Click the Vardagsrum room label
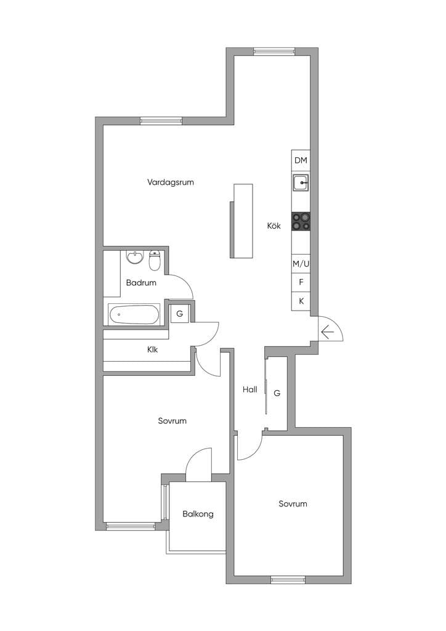tap(171, 182)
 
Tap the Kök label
tap(274, 226)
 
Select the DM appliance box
tap(301, 160)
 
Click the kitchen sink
tap(301, 183)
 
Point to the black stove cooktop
tap(301, 221)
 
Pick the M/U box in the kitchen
tap(301, 264)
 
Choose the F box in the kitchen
tap(301, 282)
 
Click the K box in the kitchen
tap(301, 301)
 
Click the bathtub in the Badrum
tap(134, 315)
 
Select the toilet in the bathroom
tap(155, 261)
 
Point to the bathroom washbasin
tap(135, 257)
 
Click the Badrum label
tap(141, 282)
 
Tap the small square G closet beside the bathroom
tap(180, 314)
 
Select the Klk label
tap(152, 350)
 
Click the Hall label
tap(249, 389)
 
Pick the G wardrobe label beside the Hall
tap(277, 393)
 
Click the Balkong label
tap(198, 514)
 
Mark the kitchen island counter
tap(241, 221)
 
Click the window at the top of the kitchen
tap(274, 52)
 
